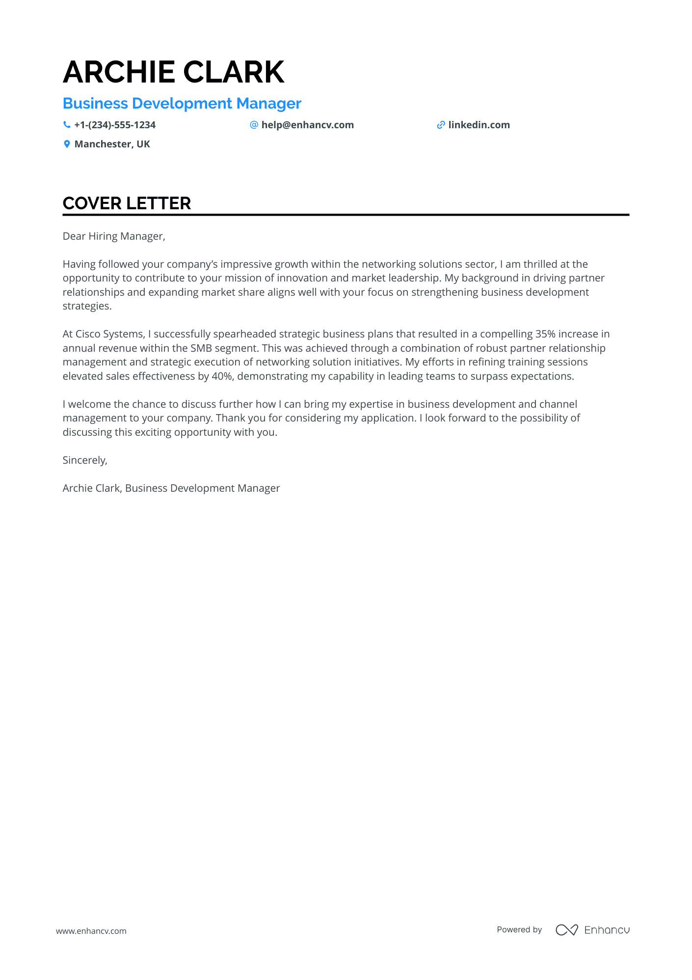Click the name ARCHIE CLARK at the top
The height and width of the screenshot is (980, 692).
173,72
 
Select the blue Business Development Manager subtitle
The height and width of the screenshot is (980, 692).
182,104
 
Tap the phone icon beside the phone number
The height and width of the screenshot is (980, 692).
67,125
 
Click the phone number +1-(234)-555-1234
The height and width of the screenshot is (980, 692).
115,125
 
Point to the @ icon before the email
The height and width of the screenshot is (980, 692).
254,125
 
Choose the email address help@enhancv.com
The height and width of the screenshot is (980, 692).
307,125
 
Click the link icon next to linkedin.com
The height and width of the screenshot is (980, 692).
441,125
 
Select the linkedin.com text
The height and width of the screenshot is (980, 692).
479,125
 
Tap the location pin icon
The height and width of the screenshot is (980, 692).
67,144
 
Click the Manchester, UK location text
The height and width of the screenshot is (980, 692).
112,144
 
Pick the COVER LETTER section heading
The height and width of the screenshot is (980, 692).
127,203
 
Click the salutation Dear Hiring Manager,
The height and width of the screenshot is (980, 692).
114,236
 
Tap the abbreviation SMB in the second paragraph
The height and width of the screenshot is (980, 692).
201,348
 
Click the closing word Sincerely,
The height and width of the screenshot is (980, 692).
85,460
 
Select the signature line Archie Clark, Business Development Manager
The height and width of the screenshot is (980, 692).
171,488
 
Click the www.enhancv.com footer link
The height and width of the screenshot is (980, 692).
91,931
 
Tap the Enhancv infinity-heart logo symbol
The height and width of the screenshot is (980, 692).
566,930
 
